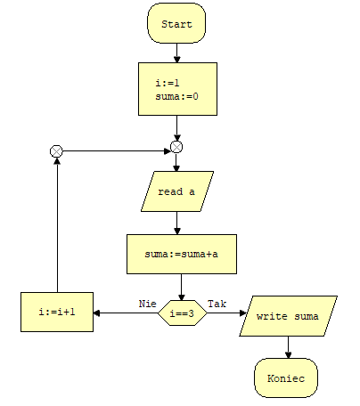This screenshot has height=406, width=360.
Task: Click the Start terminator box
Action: click(176, 23)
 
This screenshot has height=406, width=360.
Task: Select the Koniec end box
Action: click(286, 378)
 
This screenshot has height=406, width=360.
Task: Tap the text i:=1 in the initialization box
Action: click(168, 83)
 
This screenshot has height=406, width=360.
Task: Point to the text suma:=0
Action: click(176, 96)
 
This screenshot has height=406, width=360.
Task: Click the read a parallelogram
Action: click(177, 191)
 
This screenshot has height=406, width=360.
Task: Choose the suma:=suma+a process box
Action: click(182, 254)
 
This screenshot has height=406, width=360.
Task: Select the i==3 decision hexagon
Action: click(182, 313)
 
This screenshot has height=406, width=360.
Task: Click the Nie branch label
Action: click(148, 304)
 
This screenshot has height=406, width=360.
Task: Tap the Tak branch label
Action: click(217, 304)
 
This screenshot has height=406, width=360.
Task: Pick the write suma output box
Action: click(288, 316)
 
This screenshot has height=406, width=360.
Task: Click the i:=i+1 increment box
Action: click(57, 312)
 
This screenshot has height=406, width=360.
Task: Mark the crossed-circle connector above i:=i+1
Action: click(56, 151)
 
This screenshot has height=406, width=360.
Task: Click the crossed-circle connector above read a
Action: click(176, 147)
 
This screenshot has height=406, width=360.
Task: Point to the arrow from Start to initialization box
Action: click(177, 53)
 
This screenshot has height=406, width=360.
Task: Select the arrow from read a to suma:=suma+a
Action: click(177, 223)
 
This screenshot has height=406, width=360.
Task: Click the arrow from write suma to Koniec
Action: click(288, 347)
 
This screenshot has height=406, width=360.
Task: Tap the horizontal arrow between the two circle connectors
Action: click(117, 151)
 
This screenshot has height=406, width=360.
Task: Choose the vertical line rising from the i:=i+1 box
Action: click(57, 225)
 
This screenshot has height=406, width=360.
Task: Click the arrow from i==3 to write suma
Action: click(226, 313)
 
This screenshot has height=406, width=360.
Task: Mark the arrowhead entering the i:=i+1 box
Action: click(96, 313)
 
